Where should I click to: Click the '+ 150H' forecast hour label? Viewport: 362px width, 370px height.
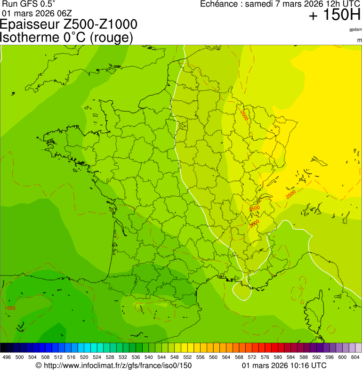[334, 16]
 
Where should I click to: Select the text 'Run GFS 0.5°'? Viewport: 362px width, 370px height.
[28, 4]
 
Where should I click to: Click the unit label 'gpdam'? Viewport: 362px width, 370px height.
[355, 30]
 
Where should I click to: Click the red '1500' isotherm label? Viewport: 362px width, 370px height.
[10, 308]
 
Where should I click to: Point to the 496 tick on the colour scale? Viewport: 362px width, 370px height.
[7, 357]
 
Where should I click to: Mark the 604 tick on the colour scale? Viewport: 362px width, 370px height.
[355, 357]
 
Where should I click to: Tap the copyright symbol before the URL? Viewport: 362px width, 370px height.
[39, 365]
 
